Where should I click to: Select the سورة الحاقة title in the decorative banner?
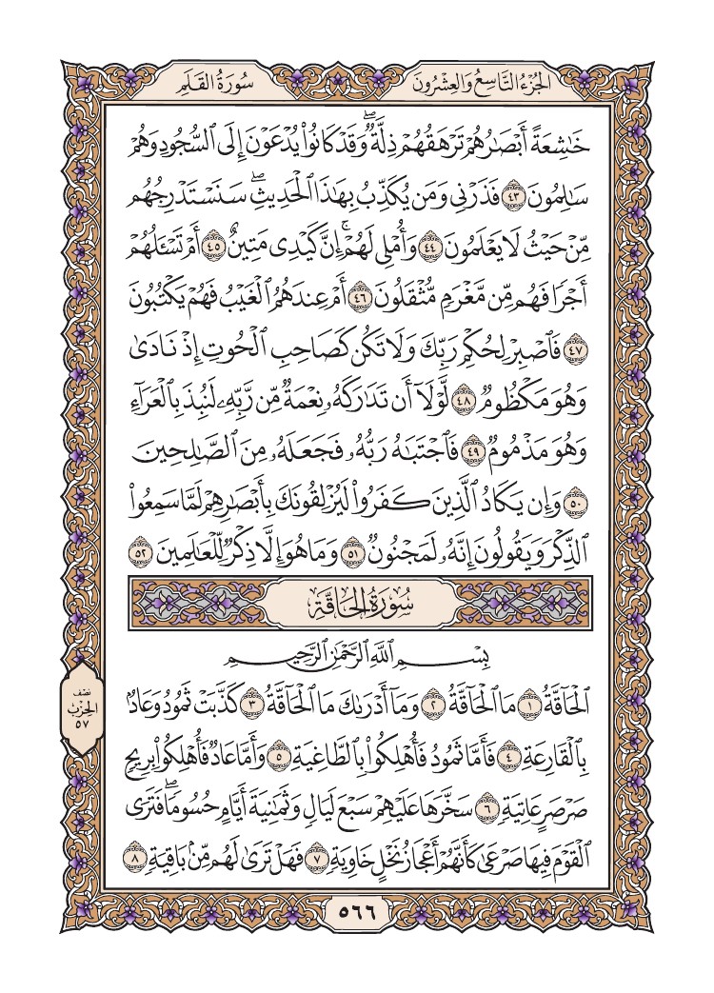coord(358,603)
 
